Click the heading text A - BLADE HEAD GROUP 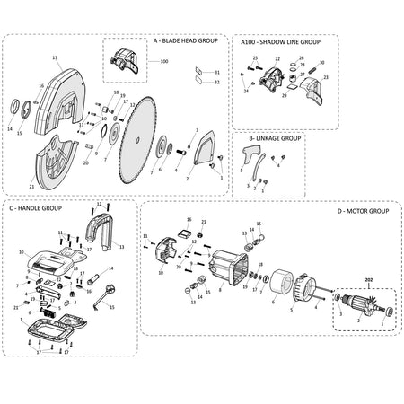[187, 41]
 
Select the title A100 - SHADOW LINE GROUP [280, 41]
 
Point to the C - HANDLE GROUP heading [35, 207]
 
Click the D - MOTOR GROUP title [362, 210]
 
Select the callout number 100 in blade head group [163, 61]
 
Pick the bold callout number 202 [366, 279]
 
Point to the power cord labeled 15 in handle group [113, 293]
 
